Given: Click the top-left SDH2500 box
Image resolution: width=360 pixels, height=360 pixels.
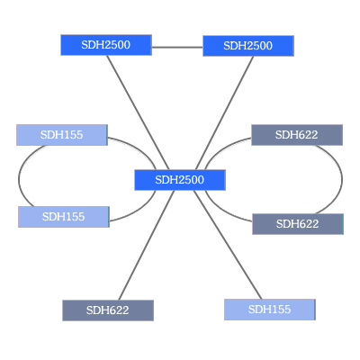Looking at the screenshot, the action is point(106,45).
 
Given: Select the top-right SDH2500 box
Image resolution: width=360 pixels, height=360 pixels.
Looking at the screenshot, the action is point(248,46).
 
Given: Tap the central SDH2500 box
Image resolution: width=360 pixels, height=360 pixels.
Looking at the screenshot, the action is point(180,180).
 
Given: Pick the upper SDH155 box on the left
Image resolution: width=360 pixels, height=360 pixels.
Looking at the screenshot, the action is point(62,135).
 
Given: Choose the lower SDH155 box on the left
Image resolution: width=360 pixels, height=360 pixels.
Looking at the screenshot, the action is point(64,217).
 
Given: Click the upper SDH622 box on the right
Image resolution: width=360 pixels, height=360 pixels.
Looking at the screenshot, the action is point(297,135).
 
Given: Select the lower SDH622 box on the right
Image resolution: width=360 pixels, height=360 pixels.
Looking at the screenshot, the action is point(298,224).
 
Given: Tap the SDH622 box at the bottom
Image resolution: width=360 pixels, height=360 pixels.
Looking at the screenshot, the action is point(108,310).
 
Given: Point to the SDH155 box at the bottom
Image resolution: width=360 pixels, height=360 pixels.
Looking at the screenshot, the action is point(270,310).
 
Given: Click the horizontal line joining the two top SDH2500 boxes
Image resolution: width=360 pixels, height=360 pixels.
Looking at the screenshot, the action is point(177,47).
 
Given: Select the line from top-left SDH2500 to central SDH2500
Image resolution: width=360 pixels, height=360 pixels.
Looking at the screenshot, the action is point(138,112).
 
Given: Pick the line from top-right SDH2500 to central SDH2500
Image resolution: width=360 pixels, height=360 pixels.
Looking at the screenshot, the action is point(224,113).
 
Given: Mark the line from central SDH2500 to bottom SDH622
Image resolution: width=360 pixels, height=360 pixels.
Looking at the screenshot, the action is point(147,246).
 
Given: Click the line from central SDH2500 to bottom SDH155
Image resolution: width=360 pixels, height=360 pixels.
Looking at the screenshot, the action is point(228,245).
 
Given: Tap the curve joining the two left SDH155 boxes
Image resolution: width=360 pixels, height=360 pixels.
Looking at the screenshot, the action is point(19,177).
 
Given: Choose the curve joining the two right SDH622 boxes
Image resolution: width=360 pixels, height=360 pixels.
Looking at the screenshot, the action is point(342,179).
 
